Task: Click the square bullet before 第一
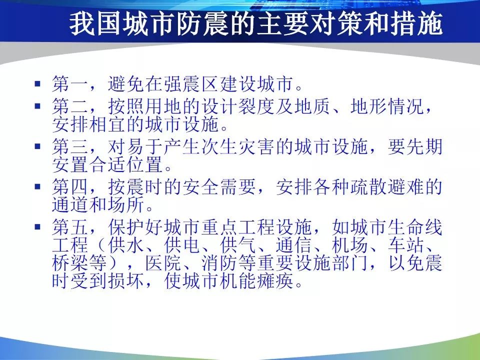(37, 83)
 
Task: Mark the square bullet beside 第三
(37, 146)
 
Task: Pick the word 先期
(424, 146)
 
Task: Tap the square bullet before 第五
(37, 227)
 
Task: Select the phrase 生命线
(415, 227)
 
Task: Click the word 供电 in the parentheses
(182, 245)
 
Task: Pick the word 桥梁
(70, 262)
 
